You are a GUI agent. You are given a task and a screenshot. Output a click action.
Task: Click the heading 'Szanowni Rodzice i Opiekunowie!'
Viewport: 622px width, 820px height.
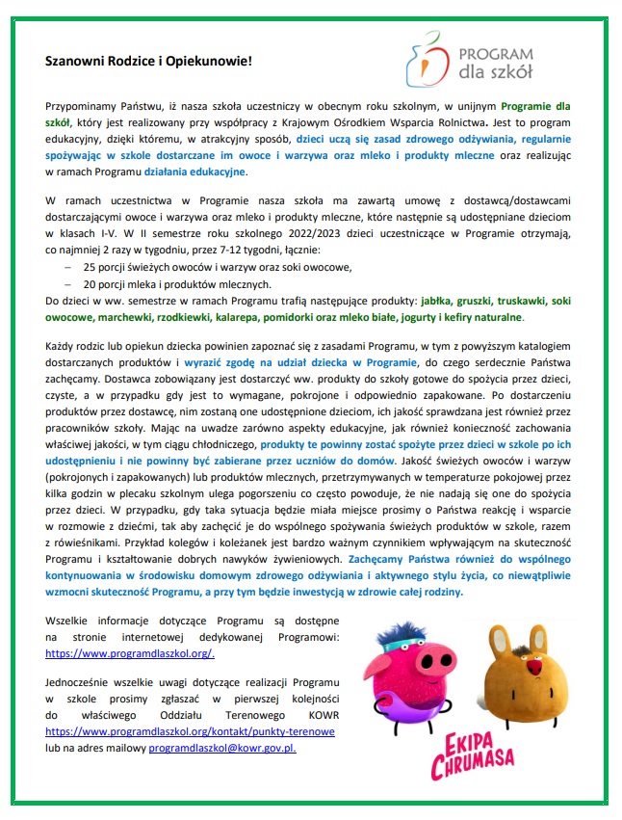pyautogui.click(x=148, y=61)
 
